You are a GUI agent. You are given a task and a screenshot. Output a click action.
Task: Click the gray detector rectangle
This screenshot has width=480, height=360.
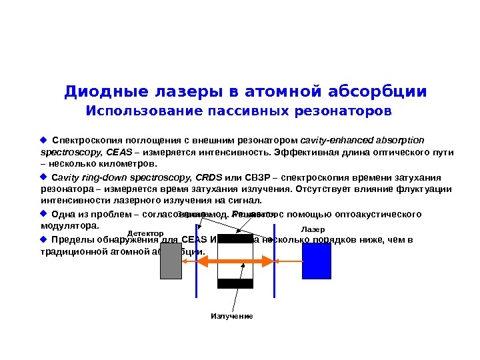point(171,261)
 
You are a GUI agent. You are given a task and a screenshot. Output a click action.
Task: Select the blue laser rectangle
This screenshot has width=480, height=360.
point(316,261)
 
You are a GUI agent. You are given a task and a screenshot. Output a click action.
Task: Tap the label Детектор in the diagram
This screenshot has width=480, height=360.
point(145,233)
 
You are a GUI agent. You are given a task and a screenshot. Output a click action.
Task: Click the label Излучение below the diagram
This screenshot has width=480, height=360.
point(232,315)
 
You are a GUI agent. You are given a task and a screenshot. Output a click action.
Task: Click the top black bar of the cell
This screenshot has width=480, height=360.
point(235,238)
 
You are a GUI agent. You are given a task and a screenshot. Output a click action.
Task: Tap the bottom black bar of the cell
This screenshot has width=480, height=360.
point(235,283)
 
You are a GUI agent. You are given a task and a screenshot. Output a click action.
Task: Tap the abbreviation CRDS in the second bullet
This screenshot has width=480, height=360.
point(210,178)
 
